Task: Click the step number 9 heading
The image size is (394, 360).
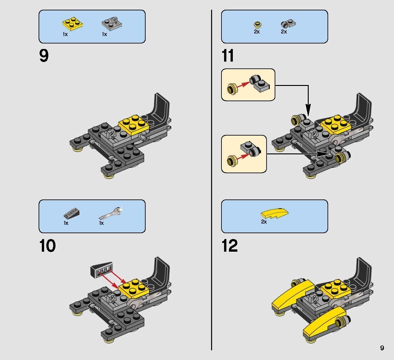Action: coord(44,56)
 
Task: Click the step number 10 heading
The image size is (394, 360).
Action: coord(47,246)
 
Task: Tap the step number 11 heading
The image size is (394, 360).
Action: coord(228,56)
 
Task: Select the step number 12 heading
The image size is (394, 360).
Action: coord(230,246)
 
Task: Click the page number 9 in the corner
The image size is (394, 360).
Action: coord(382,348)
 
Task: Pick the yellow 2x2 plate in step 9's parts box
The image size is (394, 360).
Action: coord(72,24)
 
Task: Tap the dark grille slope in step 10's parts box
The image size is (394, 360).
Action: coord(72,214)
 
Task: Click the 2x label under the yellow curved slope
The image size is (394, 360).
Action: coord(264,222)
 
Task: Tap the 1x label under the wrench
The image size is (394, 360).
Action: coord(101,223)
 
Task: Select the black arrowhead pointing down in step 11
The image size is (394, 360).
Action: coord(308,108)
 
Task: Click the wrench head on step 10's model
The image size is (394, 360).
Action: coord(133,303)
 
